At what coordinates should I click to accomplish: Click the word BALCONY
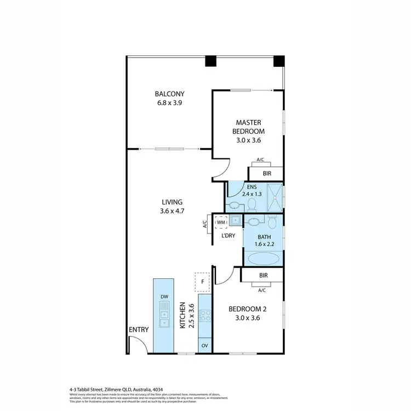tap(169, 93)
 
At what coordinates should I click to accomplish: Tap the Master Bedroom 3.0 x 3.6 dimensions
tap(250, 140)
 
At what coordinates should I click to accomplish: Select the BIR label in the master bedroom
tap(267, 173)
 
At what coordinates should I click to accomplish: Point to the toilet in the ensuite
tap(252, 204)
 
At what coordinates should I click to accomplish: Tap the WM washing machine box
tap(221, 222)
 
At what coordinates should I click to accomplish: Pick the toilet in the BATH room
tap(272, 221)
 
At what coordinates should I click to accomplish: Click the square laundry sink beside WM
tap(235, 220)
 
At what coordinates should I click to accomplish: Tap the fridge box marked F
tap(202, 282)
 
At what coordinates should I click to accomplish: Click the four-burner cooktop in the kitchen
tap(205, 316)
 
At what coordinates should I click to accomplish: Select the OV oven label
tap(205, 346)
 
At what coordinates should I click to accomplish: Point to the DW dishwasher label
tap(164, 297)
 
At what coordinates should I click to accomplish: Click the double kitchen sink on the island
tap(164, 318)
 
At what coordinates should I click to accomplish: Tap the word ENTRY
tap(139, 329)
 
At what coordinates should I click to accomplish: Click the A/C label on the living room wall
tap(205, 224)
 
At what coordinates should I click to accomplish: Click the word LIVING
tap(171, 202)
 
